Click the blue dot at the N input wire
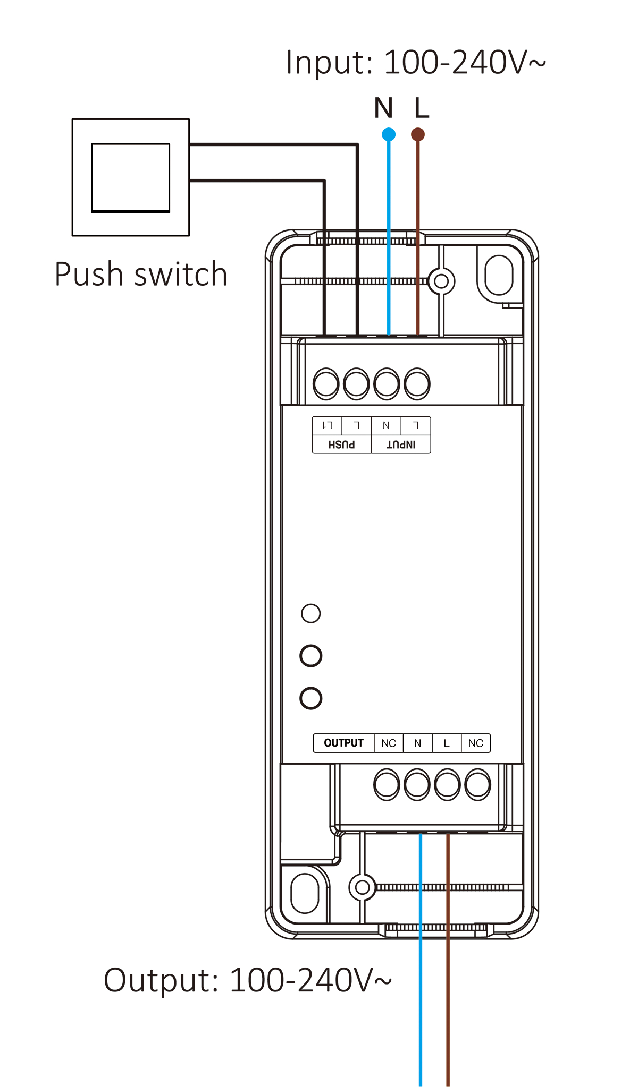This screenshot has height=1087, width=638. [389, 134]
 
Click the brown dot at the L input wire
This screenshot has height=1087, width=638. [418, 134]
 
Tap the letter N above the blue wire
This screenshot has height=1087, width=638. [383, 108]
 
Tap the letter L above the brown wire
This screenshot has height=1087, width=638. [422, 108]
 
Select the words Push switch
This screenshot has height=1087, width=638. [141, 275]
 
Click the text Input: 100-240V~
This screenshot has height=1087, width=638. [415, 63]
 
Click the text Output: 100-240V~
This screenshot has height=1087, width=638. [247, 980]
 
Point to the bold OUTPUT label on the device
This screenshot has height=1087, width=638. [343, 743]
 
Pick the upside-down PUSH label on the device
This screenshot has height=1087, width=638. [341, 444]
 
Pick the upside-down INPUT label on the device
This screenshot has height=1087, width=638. [401, 444]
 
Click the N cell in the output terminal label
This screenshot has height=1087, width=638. [417, 743]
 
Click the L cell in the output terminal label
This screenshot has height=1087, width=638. [447, 743]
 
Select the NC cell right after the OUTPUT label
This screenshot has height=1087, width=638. [389, 743]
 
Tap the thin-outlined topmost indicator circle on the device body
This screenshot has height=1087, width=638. [311, 613]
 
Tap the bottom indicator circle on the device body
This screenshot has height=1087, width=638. [311, 698]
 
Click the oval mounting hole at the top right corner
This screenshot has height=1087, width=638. [499, 275]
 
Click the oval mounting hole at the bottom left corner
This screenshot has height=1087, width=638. [305, 894]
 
